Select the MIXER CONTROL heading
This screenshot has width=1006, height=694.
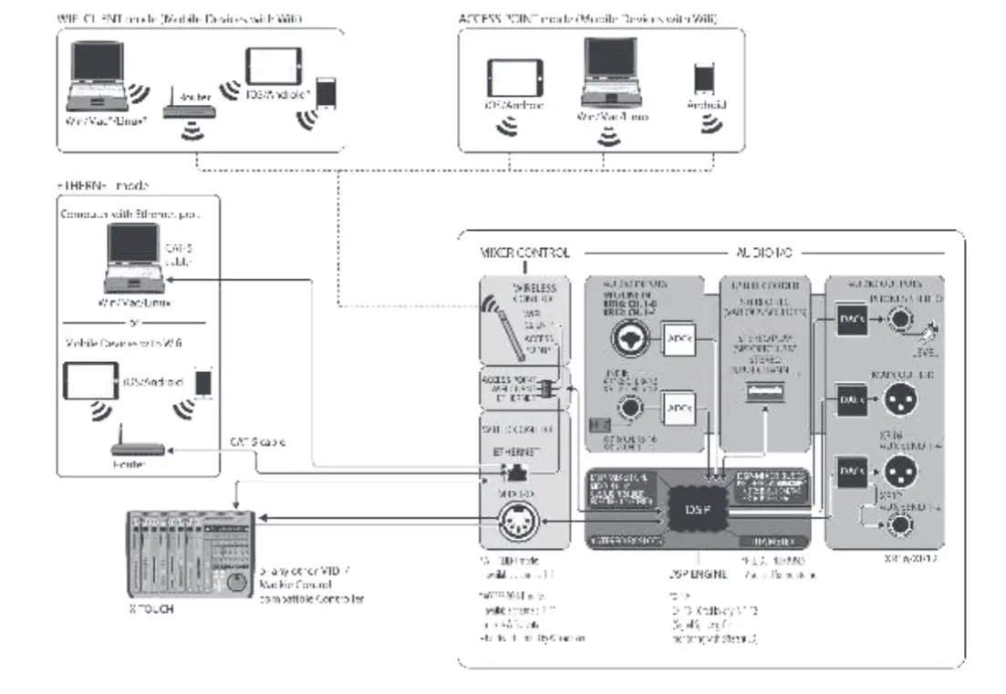point(524,252)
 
